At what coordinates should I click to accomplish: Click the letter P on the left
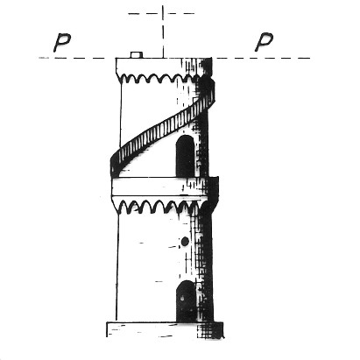click(x=62, y=43)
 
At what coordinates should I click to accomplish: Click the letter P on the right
click(x=264, y=42)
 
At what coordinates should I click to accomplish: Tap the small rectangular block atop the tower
click(x=137, y=55)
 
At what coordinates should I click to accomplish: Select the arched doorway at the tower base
click(x=186, y=301)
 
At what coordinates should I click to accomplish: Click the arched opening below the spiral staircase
click(x=185, y=156)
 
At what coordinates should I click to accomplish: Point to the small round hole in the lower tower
click(x=185, y=241)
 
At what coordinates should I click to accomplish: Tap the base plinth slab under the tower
click(x=165, y=329)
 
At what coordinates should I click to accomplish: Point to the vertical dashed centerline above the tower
click(x=163, y=32)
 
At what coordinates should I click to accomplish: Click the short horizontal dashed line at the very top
click(x=161, y=13)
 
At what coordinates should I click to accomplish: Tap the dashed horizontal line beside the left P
click(x=72, y=58)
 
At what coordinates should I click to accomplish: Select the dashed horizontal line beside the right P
click(x=261, y=58)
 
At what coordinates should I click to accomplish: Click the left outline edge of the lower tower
click(x=117, y=267)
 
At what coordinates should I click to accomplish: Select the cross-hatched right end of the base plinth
click(x=211, y=330)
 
